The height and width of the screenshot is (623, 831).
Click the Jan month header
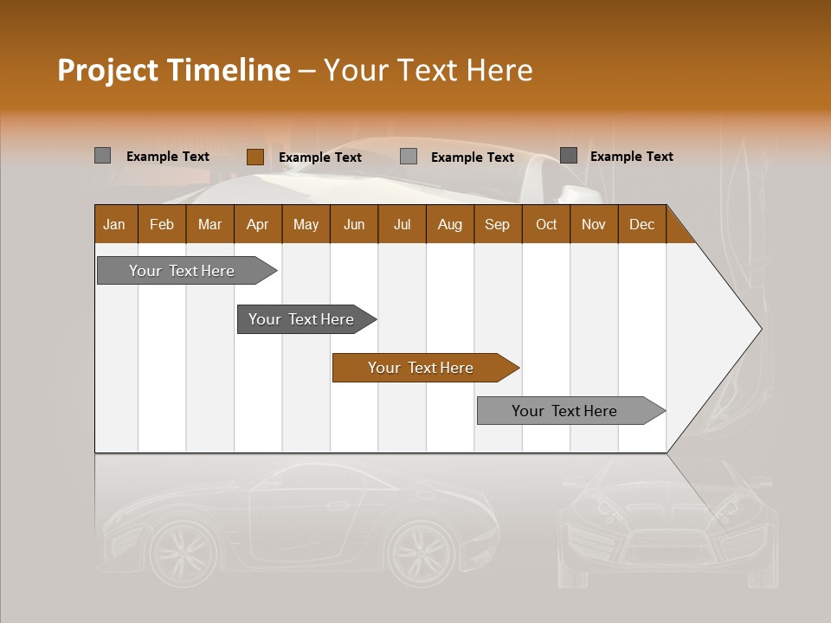coord(114,224)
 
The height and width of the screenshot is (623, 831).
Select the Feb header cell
coord(162,224)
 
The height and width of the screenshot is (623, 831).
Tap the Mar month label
coord(209,224)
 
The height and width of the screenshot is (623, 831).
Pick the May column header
coord(306,224)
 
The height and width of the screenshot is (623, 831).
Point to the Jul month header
coord(402,224)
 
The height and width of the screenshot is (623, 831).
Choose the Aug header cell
coord(449,224)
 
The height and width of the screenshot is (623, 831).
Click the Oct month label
coord(546,224)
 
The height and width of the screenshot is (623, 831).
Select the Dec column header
coord(641,224)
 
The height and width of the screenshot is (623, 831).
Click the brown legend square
coord(254,157)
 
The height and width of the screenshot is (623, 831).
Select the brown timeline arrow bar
coord(424,368)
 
